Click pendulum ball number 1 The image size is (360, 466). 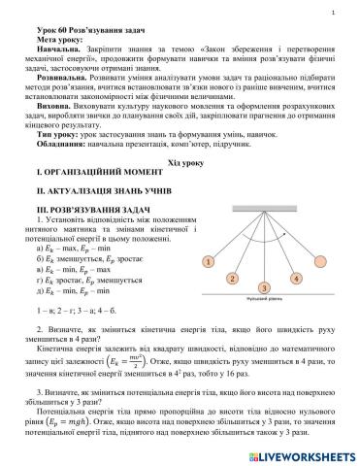(208, 261)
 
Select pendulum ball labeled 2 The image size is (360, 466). (233, 279)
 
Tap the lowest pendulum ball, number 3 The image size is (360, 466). (263, 287)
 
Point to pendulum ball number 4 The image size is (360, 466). (295, 279)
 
